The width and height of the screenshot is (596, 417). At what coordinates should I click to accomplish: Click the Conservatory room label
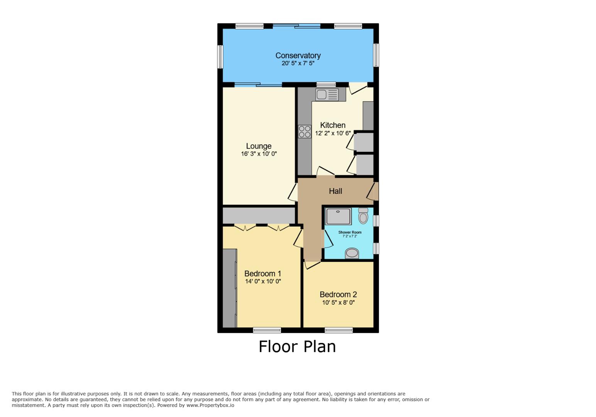298,56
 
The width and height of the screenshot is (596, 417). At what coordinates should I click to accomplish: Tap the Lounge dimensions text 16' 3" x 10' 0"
259,154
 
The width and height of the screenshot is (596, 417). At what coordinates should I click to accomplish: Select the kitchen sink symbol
327,95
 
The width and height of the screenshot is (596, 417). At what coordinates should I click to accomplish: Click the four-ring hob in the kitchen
305,132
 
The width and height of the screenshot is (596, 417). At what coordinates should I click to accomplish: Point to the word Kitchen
332,125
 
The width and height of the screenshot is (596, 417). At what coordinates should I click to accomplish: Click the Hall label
335,191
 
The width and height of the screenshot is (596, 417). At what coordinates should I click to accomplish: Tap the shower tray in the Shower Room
338,216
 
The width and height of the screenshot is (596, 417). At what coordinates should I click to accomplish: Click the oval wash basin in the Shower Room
352,253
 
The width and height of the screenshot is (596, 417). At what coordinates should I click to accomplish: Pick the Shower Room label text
350,232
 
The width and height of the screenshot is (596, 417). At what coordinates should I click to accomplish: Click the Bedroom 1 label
262,274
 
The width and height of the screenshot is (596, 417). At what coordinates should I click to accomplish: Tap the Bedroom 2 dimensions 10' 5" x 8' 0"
338,303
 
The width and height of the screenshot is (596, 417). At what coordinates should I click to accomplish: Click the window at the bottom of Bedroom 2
339,330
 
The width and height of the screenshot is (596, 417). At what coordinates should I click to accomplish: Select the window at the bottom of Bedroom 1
267,330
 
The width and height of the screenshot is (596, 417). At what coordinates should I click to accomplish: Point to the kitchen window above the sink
326,85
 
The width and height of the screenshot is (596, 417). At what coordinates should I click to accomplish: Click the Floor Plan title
297,347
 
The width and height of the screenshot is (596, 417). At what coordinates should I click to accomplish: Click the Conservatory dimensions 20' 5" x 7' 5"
298,63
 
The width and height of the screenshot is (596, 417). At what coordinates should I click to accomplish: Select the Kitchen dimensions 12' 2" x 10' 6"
333,133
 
